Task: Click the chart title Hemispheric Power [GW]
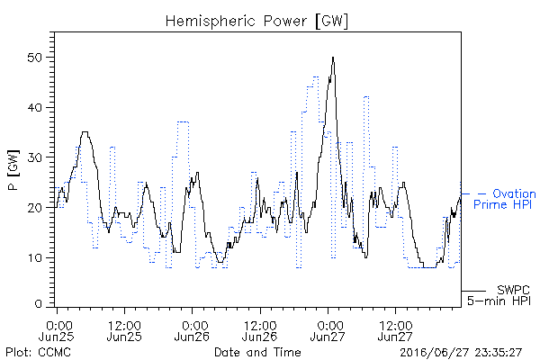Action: (x=256, y=22)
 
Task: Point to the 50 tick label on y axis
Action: (x=34, y=58)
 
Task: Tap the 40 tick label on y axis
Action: (x=34, y=107)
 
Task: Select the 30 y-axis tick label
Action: (x=34, y=157)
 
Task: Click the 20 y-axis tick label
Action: (x=34, y=208)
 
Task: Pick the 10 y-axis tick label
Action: (x=34, y=257)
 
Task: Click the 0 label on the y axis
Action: (x=38, y=304)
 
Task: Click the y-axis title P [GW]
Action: (x=13, y=170)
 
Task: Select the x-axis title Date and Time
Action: (x=257, y=352)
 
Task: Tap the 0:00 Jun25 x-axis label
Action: (x=57, y=330)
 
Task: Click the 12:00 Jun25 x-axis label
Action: (x=124, y=330)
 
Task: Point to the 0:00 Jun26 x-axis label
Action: (x=192, y=330)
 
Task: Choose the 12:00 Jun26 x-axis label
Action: (x=260, y=330)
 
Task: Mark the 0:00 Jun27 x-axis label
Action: (x=328, y=330)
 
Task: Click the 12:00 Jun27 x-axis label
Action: (x=395, y=330)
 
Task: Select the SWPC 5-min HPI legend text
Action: (x=499, y=295)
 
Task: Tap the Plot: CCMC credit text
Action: (x=38, y=352)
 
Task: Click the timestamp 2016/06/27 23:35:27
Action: (x=461, y=353)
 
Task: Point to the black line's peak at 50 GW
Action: (x=333, y=58)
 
